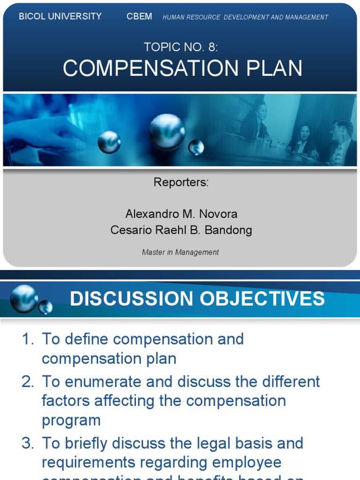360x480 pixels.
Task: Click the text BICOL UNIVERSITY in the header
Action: pos(60,16)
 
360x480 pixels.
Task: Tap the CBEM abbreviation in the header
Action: pos(139,16)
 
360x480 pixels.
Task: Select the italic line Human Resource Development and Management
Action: pos(245,17)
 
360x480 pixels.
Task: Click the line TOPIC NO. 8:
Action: pos(180,47)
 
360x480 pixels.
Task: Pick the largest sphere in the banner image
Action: pos(166,131)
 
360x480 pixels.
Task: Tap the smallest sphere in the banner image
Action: pos(196,148)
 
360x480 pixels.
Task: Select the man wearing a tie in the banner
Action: pos(341,143)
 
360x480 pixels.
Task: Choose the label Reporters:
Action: pos(181,182)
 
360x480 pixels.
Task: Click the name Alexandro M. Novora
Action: pos(181,214)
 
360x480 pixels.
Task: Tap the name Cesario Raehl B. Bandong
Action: pos(181,230)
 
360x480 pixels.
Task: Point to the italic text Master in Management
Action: pos(180,252)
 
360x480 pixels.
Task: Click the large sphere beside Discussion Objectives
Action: pos(24,298)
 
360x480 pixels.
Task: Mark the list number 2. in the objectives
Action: pos(28,382)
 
